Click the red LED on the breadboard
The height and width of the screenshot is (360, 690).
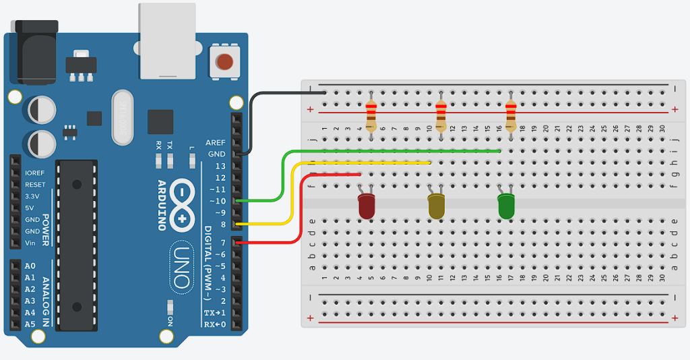click(366, 206)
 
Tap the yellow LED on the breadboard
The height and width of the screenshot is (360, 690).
click(436, 206)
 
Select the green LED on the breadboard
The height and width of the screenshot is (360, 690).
click(506, 206)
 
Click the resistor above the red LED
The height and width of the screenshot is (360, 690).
click(371, 116)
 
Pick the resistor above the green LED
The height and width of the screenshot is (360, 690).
click(511, 116)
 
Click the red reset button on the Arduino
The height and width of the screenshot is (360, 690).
click(224, 62)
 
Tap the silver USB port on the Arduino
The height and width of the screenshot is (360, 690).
click(167, 40)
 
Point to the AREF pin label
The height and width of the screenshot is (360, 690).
click(216, 143)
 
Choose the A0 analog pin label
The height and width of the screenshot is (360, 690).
click(30, 266)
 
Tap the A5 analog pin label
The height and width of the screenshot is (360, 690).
click(30, 324)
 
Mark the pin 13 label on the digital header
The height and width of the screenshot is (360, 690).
click(220, 167)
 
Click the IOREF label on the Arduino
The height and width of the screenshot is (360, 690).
click(35, 173)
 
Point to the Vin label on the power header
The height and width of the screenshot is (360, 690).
click(30, 243)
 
